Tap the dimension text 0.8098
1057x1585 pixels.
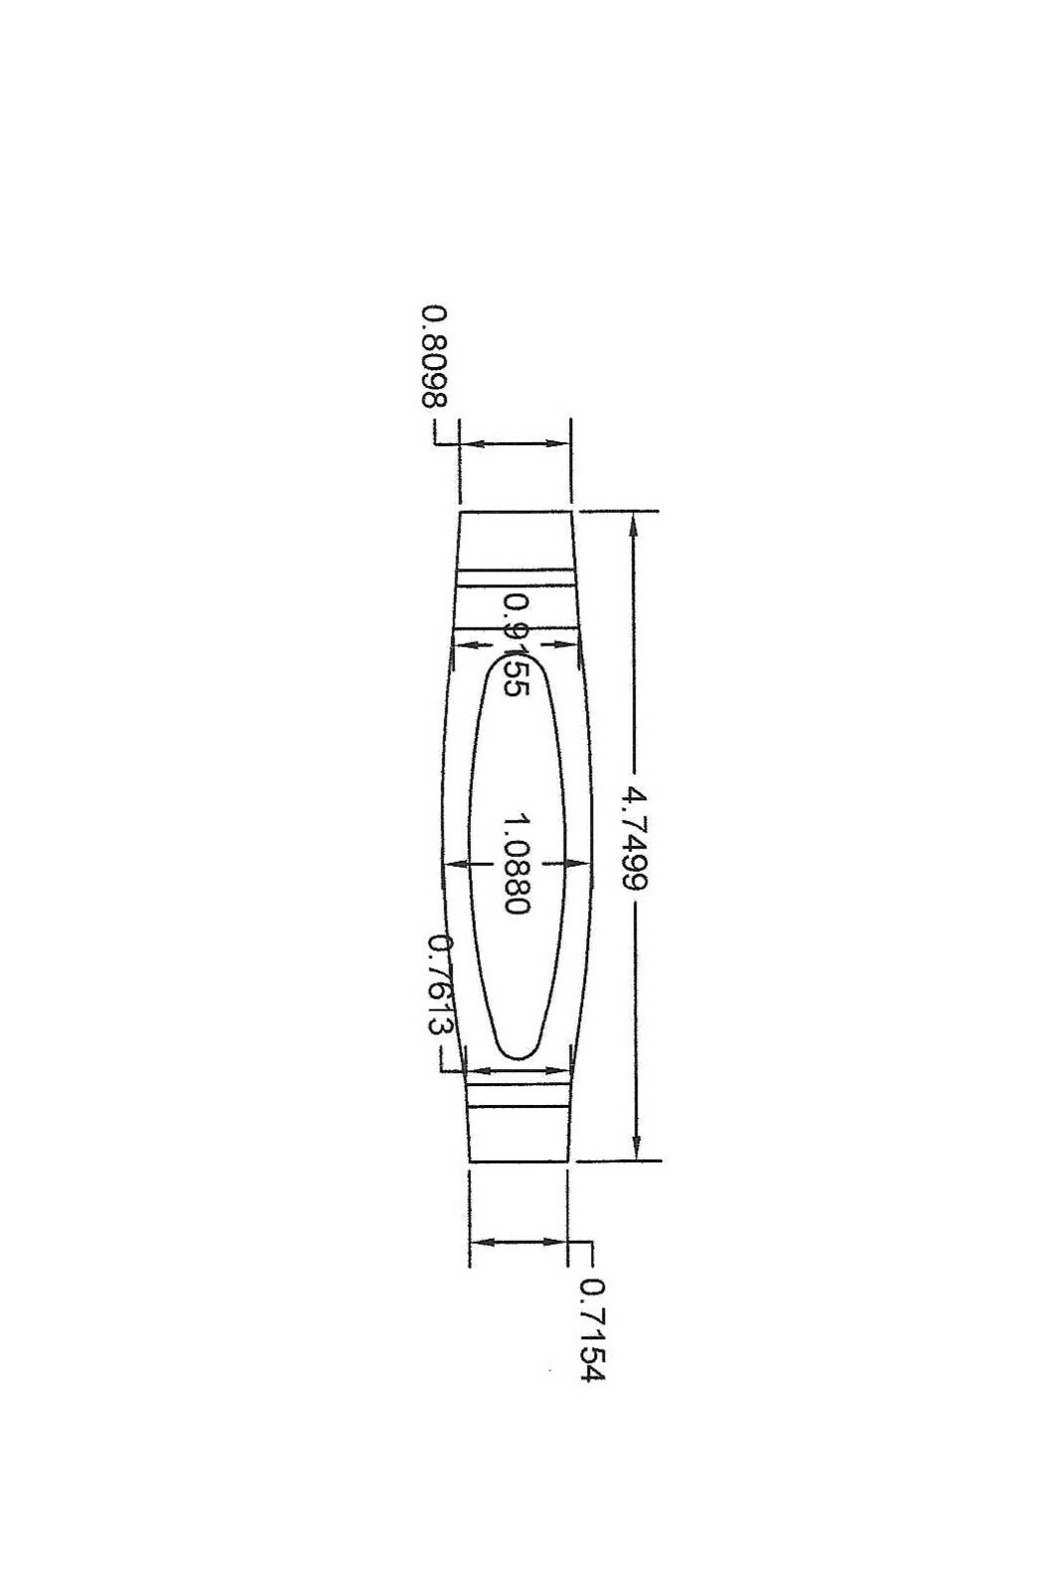(x=434, y=357)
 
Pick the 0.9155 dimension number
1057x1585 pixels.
(x=516, y=645)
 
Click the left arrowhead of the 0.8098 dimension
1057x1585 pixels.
(x=470, y=443)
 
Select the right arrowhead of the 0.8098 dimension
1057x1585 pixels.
(x=559, y=443)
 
